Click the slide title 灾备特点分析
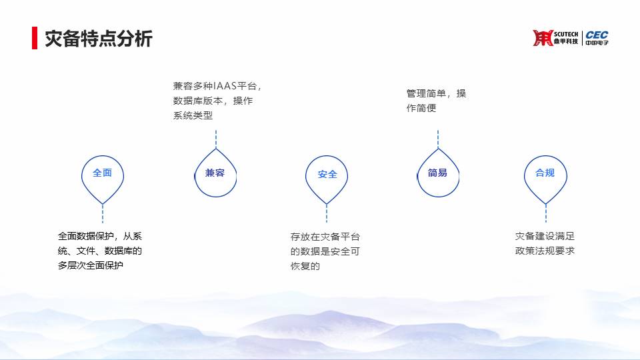99,39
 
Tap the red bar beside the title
35,38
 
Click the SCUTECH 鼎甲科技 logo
555,38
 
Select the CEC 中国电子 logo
597,38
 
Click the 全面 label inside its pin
102,173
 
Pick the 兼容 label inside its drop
215,173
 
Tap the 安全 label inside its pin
327,175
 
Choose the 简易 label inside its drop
437,173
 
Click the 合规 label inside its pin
545,173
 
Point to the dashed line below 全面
103,213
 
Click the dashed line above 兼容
216,139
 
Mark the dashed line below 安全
327,213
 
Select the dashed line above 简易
438,139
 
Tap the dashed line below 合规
546,213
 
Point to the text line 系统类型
193,115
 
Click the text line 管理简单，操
436,93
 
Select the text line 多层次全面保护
90,265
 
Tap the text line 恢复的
305,266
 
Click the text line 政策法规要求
545,251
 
